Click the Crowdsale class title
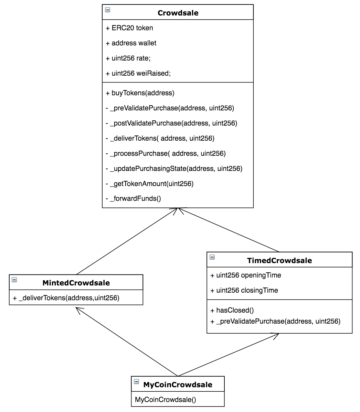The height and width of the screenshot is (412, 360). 178,13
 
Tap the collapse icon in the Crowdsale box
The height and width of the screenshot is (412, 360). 108,10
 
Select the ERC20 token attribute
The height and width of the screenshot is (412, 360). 129,28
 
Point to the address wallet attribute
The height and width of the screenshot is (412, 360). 131,43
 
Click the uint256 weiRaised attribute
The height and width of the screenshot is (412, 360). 138,73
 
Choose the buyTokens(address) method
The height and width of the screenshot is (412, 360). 140,93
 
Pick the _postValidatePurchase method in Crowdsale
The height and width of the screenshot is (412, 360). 171,123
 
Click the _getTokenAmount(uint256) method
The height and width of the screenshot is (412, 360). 150,184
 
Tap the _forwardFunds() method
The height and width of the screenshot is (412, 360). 133,199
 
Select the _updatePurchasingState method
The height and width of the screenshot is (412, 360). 174,169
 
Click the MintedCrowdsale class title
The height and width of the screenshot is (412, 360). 76,283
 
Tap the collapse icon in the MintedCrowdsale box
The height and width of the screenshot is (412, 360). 14,280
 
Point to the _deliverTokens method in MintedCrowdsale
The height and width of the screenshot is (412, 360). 66,298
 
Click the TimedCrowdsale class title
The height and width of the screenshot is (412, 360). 279,260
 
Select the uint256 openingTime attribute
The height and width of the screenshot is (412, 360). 246,275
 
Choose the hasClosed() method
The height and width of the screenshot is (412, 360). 232,310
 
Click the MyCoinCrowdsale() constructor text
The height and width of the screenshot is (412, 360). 166,400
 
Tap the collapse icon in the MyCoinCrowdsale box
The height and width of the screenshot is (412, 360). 137,381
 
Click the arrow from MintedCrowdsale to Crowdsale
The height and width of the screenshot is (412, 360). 127,241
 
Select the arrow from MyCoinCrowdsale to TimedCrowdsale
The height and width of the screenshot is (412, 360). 228,355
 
